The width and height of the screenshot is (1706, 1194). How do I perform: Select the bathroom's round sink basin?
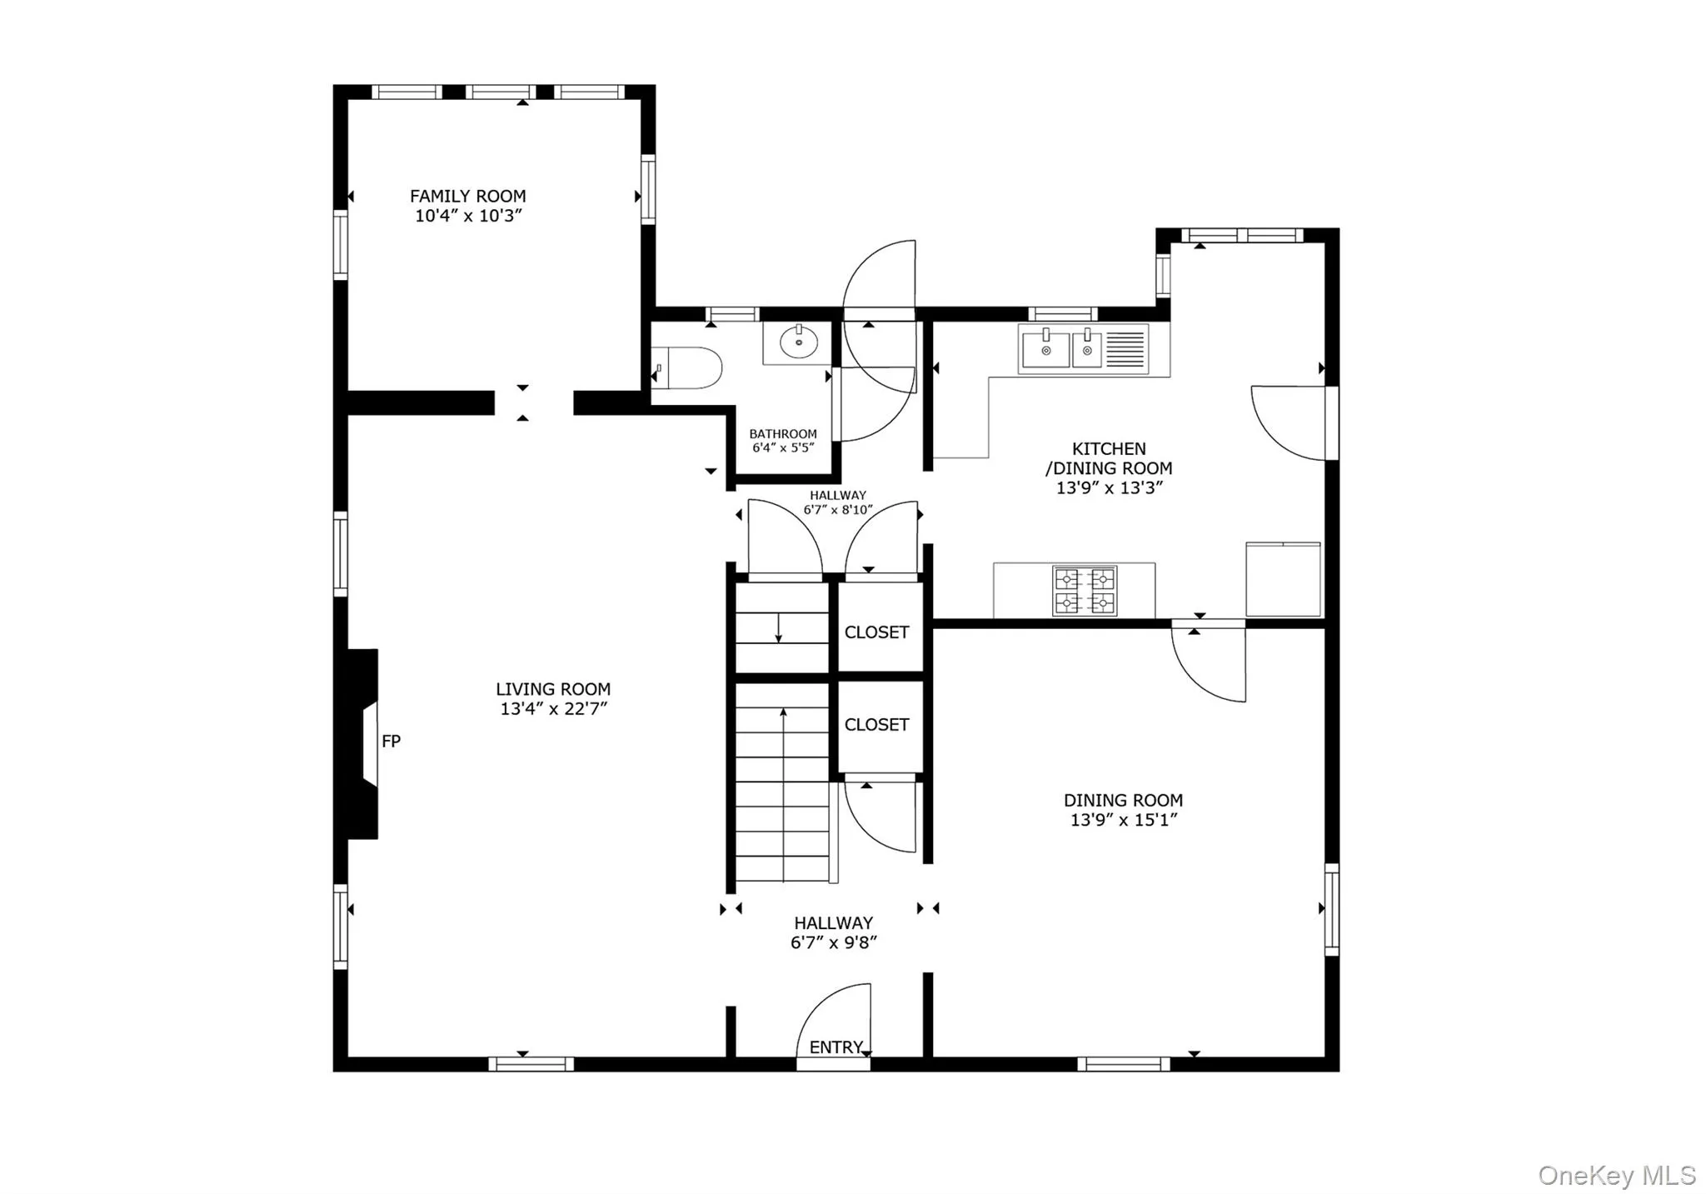click(799, 342)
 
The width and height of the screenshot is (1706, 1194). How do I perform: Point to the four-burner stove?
click(1085, 591)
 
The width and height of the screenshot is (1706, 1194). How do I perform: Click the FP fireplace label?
click(391, 741)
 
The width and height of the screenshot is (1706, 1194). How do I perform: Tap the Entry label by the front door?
click(836, 1047)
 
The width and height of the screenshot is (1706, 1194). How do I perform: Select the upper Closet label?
click(876, 632)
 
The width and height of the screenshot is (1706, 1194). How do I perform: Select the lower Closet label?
click(876, 725)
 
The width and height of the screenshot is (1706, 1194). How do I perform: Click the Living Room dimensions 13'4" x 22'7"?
click(553, 709)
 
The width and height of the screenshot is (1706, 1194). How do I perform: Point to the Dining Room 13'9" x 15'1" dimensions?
click(1123, 820)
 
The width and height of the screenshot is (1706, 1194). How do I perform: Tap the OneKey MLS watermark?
click(1616, 1175)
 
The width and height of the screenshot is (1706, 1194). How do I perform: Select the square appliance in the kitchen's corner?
click(1283, 579)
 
